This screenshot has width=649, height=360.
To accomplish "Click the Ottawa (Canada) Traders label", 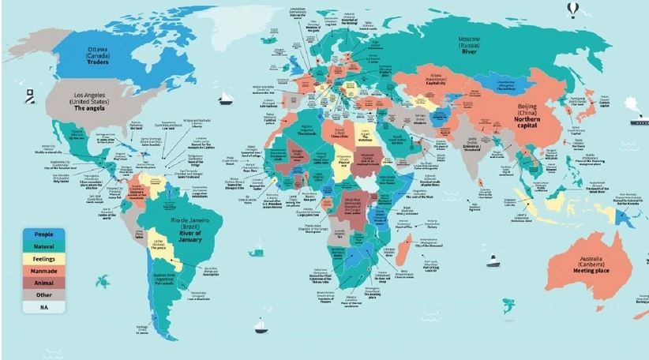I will point(102,57).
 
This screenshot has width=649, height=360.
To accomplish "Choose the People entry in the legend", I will point(43,235).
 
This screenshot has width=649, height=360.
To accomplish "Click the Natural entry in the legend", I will point(43,247).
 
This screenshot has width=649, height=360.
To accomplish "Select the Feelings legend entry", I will point(43,258).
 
